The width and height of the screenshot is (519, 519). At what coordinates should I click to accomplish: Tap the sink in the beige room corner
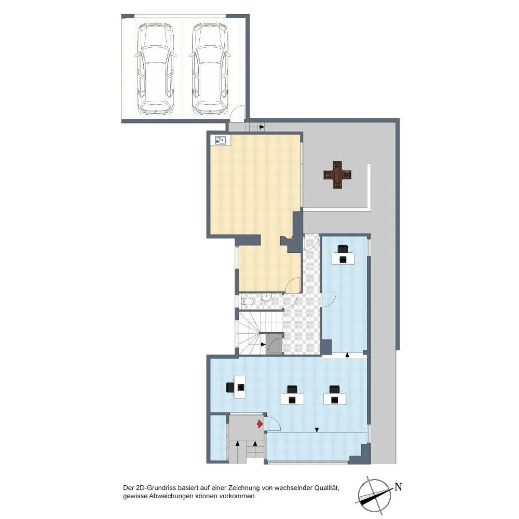(x=221, y=140)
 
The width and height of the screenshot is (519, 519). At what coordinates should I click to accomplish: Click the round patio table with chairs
(x=337, y=174)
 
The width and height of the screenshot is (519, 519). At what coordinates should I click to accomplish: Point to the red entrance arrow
(x=260, y=424)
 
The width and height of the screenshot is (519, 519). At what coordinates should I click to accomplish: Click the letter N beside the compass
(x=398, y=487)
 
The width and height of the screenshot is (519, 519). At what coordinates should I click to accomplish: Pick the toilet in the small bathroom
(x=247, y=302)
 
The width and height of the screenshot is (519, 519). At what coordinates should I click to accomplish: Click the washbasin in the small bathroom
(x=266, y=297)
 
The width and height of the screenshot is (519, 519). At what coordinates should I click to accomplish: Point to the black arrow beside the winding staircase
(x=263, y=345)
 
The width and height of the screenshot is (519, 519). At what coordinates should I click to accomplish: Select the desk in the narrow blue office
(x=343, y=258)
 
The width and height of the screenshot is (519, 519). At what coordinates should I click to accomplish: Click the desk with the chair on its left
(x=240, y=387)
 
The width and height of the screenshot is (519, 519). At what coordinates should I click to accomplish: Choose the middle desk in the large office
(x=292, y=399)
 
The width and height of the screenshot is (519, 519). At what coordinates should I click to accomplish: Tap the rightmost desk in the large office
(x=335, y=399)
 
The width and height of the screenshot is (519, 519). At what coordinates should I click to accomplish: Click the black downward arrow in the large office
(x=317, y=430)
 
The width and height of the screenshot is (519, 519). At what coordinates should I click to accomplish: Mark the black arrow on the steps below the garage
(x=262, y=127)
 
